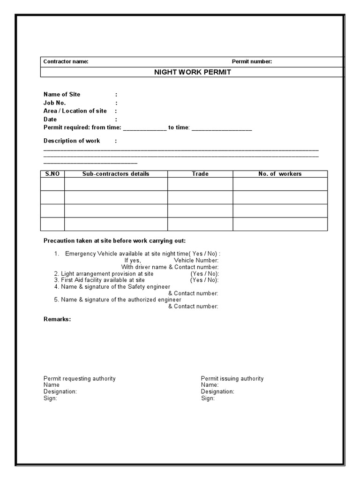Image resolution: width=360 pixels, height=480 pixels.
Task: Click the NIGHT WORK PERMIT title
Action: tap(193, 72)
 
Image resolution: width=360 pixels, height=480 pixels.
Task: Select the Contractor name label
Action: tap(66, 62)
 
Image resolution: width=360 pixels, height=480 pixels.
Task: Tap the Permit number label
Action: tap(252, 62)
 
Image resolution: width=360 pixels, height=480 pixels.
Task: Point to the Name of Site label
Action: tap(62, 94)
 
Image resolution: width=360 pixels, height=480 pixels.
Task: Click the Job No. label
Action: tap(55, 103)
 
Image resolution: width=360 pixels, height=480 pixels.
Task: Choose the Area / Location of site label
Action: tap(75, 111)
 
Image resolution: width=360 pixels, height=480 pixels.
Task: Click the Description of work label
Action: tap(72, 141)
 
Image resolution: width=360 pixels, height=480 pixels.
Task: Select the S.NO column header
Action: tap(52, 174)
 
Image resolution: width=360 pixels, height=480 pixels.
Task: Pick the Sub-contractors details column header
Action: tap(116, 174)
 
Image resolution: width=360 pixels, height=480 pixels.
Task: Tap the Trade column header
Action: tap(200, 174)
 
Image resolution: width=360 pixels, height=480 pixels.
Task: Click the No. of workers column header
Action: tap(280, 174)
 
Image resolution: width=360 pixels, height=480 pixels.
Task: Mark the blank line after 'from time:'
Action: tap(144, 128)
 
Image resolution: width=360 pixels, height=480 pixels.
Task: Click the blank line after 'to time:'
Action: tap(222, 128)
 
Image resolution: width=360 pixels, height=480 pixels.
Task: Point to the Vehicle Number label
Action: tap(196, 260)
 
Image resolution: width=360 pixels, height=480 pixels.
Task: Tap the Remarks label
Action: tap(57, 319)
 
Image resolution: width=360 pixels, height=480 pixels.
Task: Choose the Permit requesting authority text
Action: tap(80, 379)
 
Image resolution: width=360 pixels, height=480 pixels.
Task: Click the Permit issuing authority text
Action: tap(232, 379)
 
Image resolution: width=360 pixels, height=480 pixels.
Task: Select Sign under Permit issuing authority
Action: tap(208, 398)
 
